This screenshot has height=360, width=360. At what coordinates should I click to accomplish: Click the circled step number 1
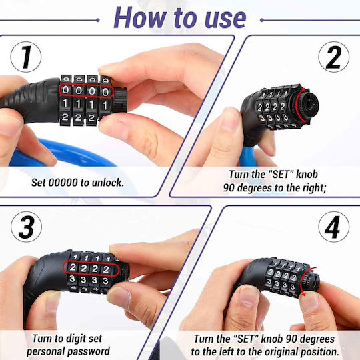[x=26, y=57]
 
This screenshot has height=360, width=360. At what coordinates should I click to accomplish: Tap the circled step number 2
[x=334, y=57]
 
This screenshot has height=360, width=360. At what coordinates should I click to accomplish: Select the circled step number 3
[x=26, y=227]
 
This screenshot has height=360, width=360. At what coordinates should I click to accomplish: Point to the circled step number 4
[x=334, y=227]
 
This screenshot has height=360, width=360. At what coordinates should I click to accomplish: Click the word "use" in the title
[x=225, y=19]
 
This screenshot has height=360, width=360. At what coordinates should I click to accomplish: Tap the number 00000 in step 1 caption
[x=63, y=183]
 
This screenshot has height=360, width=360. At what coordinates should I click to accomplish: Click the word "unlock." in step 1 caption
[x=108, y=183]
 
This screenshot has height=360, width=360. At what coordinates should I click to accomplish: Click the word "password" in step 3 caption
[x=87, y=352]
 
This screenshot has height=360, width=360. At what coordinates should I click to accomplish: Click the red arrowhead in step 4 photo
[x=303, y=293]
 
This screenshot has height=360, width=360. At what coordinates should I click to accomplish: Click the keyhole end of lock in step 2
[x=309, y=105]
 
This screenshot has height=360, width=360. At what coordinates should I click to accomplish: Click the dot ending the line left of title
[x=98, y=20]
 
